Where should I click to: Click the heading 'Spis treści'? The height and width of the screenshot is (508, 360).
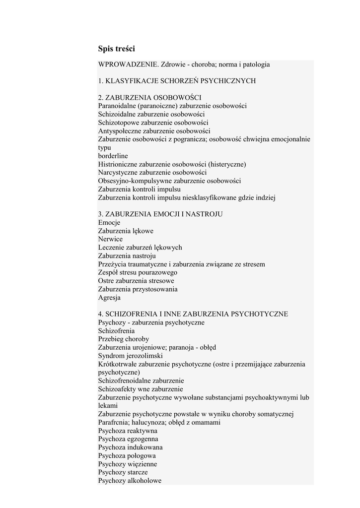coord(117,49)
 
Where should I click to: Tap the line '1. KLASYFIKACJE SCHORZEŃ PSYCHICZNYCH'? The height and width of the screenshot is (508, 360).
coord(177,81)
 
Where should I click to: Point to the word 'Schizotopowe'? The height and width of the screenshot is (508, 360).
coord(119,123)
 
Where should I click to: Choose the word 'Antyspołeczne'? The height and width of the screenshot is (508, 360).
coord(120,131)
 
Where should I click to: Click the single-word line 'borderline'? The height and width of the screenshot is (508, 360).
coord(113,156)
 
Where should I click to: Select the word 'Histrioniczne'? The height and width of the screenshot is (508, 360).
coord(119,164)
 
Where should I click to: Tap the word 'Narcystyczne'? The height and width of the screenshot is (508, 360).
coord(118,173)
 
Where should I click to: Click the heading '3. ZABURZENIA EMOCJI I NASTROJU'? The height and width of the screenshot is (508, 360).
coord(160,214)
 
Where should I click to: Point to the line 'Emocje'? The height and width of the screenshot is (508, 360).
coord(109,223)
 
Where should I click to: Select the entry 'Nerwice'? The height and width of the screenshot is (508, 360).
coord(110,239)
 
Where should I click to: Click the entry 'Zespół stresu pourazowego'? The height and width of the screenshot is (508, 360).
coord(138,272)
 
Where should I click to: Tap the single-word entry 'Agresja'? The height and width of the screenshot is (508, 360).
coord(109,298)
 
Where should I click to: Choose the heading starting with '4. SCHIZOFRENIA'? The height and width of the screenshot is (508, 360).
coord(193,314)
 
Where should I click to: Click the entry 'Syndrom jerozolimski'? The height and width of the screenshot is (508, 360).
coord(130,356)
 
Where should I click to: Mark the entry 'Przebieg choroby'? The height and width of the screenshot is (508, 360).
coord(124,339)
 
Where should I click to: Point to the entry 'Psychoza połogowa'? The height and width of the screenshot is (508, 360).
coord(127,456)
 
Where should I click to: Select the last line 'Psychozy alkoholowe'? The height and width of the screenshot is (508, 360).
coord(130,481)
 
